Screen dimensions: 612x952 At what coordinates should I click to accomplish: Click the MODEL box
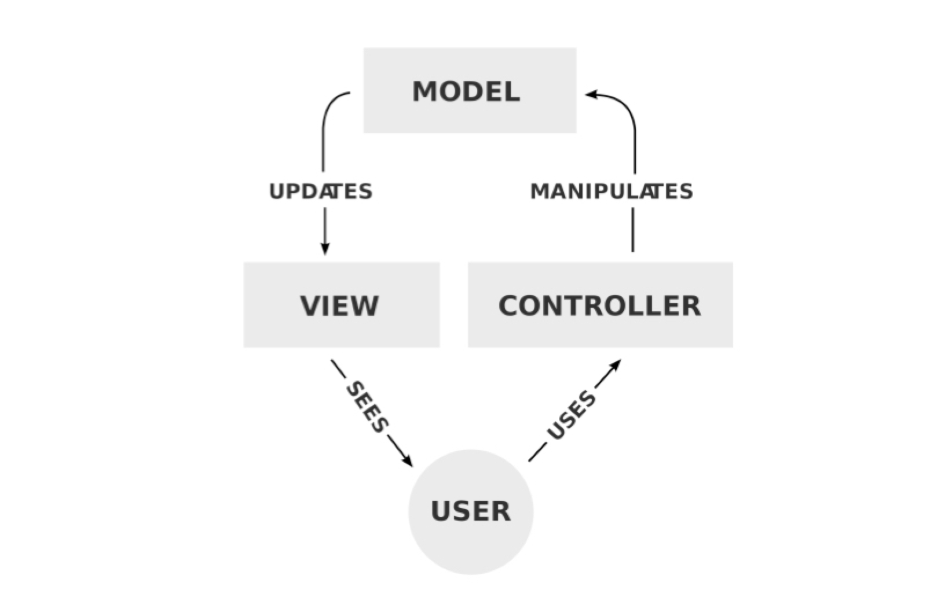click(469, 90)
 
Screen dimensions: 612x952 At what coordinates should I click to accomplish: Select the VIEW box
click(341, 305)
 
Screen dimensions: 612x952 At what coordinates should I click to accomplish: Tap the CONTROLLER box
click(600, 305)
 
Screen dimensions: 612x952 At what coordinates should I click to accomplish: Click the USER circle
click(470, 511)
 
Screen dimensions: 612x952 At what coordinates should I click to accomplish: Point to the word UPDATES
click(321, 191)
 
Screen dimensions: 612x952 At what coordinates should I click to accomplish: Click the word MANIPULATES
click(612, 191)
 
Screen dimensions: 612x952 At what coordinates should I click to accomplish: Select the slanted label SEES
click(367, 407)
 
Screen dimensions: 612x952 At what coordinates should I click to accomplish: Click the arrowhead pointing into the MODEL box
click(591, 94)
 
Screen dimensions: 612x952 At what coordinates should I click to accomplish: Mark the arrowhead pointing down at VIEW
click(325, 248)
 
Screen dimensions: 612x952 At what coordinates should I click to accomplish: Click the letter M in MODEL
click(424, 92)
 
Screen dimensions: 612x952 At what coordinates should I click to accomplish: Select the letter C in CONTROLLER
click(510, 305)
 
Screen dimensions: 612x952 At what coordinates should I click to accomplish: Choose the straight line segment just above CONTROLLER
click(632, 230)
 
